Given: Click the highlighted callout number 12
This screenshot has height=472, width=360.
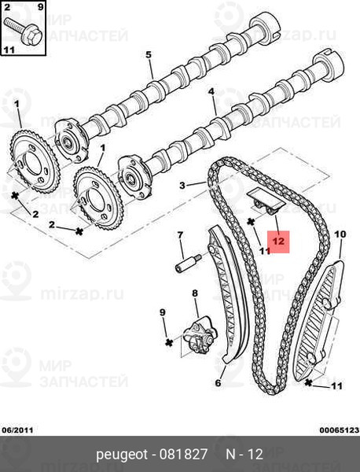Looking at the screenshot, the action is [278, 242].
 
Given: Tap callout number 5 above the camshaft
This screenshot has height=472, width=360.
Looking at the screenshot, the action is [149, 55].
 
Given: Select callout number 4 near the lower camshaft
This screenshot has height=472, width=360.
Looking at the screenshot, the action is [211, 91].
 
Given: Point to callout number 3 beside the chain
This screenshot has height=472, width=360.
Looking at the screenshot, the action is [182, 185].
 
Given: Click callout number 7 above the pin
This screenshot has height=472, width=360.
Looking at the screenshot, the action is [180, 234].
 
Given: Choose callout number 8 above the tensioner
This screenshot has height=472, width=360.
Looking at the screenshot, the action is [195, 293].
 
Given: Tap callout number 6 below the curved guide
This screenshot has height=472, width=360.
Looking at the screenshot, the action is [218, 382].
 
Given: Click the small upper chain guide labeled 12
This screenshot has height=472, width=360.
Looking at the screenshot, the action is [266, 202].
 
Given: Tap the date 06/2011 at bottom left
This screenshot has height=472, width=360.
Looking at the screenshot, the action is [18, 430].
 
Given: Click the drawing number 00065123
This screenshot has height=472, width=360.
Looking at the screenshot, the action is [340, 430].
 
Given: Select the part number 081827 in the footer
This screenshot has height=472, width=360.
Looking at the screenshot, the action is [183, 454].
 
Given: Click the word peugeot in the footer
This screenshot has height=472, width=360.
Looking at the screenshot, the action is [122, 455].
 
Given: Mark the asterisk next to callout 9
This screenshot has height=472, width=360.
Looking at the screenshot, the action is [169, 342].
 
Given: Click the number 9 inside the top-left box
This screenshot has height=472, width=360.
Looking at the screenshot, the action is [41, 6].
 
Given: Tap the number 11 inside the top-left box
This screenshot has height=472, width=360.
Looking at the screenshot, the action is [9, 50].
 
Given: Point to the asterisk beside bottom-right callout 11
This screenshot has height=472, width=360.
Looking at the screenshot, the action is [308, 383].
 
